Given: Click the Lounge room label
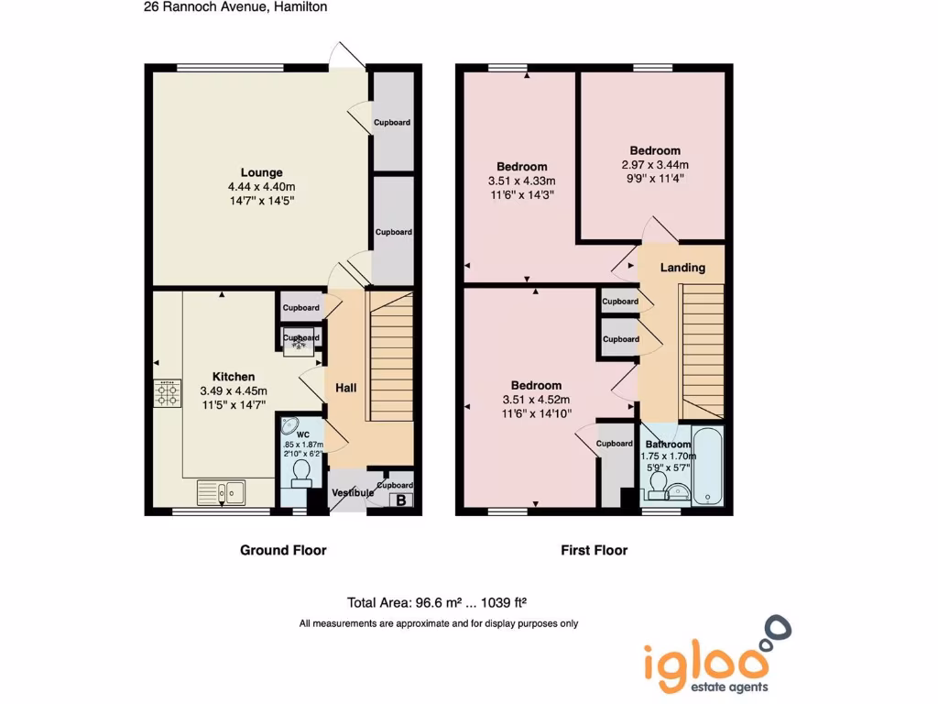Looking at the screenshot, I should (261, 172).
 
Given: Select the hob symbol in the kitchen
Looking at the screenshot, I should (167, 394).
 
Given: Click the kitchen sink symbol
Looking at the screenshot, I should (221, 492).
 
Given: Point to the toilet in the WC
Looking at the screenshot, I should (300, 472).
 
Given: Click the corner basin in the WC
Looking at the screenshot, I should (289, 425).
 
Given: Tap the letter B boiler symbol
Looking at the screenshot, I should (400, 500).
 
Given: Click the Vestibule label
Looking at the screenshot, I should (353, 493).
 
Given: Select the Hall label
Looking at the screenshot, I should (345, 389).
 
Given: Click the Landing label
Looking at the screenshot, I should (683, 268).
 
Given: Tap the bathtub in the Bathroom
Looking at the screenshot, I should (708, 466).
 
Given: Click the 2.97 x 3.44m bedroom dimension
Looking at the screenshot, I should (654, 166).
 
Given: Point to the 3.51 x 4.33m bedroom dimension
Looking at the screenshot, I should (522, 181).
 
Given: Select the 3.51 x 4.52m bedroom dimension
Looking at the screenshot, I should (536, 400).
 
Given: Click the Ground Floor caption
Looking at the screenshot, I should (283, 550).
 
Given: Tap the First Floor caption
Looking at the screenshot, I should (594, 550).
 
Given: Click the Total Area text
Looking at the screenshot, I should (436, 602).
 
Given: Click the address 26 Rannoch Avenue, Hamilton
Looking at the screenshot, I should (235, 6).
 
